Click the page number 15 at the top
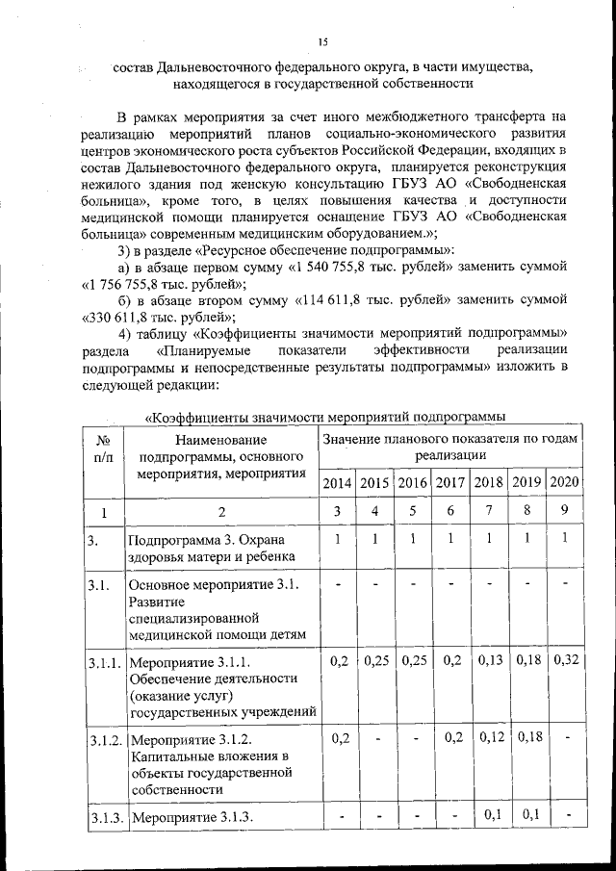click(323, 40)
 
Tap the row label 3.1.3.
click(106, 818)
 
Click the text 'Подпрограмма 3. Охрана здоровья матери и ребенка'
click(206, 547)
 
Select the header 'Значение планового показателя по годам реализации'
click(450, 447)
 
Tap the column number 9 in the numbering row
click(565, 510)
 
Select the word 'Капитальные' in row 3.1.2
click(173, 756)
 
